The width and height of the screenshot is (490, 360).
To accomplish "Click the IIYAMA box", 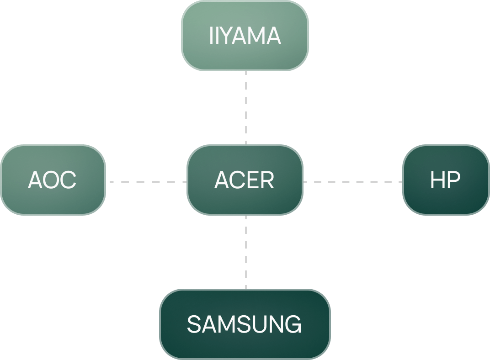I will point(245,36).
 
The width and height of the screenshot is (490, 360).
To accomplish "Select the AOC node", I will point(53,180).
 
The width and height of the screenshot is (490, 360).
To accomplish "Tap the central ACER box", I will point(245,180).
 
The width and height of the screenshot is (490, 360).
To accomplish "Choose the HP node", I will point(446,180).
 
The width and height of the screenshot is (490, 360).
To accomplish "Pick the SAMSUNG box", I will point(245,324).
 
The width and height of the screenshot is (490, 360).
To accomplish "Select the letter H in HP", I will point(437,180).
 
